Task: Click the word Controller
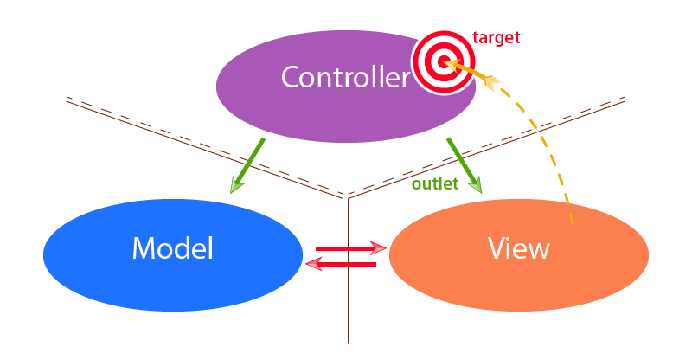[x=345, y=78]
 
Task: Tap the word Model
[x=172, y=249]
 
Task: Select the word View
[x=519, y=249]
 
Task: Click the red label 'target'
[x=497, y=39]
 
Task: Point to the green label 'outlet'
[x=435, y=184]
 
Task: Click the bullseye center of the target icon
[x=443, y=61]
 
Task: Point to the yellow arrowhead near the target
[x=490, y=82]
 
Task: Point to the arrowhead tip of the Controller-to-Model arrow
[x=231, y=191]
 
